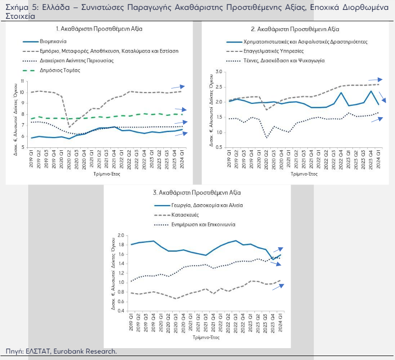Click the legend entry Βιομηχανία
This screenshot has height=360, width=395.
tap(53, 42)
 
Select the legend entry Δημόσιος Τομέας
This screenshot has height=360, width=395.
tap(60, 70)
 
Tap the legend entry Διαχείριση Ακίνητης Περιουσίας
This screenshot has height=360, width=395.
tap(77, 61)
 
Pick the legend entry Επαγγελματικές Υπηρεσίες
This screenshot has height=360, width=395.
tap(274, 51)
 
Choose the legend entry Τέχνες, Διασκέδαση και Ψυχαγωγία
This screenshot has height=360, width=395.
tap(284, 61)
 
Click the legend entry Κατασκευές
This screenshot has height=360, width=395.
tap(185, 215)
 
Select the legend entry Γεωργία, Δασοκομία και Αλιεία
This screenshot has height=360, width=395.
tap(207, 205)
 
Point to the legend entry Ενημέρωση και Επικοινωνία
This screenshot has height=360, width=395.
tap(203, 225)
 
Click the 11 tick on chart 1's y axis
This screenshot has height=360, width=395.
tap(22, 81)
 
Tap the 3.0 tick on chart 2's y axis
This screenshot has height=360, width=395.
tap(219, 72)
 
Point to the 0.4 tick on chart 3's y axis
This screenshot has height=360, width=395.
tap(121, 311)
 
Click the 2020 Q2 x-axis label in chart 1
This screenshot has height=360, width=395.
tap(69, 159)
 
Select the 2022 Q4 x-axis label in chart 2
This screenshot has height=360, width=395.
tap(341, 160)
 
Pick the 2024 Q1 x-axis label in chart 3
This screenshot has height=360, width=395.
tap(280, 323)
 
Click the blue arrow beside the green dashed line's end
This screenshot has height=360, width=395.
tap(181, 109)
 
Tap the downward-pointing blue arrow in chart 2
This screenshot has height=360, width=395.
tap(383, 97)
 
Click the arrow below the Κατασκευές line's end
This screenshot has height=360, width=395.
tap(278, 287)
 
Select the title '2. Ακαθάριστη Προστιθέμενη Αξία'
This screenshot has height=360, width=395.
tap(295, 30)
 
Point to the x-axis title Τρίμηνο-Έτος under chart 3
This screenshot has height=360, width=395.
tap(206, 337)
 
